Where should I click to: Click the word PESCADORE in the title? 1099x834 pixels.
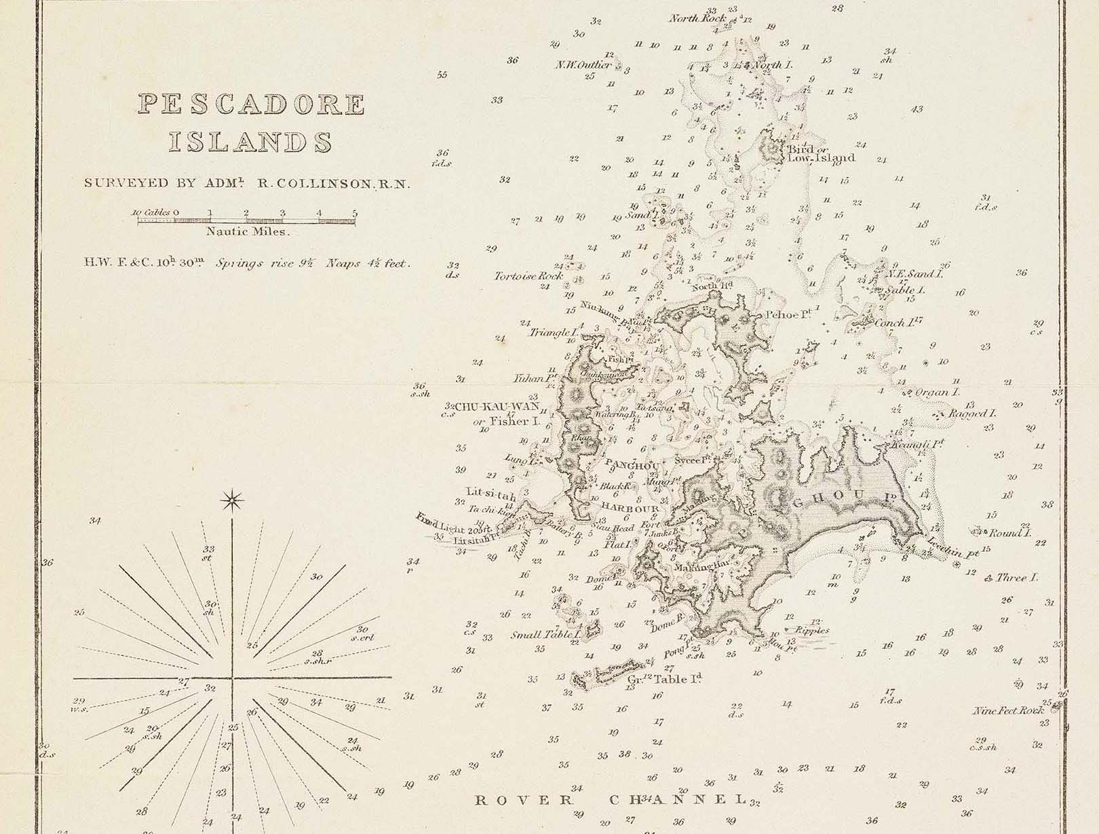click(x=252, y=104)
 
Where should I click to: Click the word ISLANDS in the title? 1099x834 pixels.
click(x=250, y=142)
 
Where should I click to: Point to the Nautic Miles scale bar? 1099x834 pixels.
click(x=246, y=220)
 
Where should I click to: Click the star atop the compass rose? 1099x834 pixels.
click(x=233, y=501)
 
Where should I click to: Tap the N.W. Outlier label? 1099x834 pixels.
click(x=583, y=65)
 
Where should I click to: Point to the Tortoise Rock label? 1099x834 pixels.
click(x=528, y=277)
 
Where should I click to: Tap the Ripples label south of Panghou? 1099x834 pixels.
click(x=812, y=630)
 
